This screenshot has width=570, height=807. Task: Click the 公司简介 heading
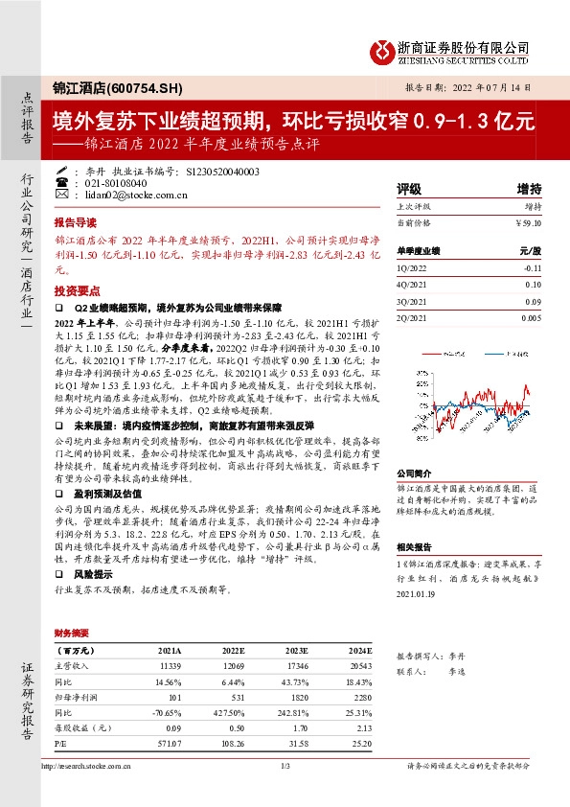(x=417, y=473)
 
